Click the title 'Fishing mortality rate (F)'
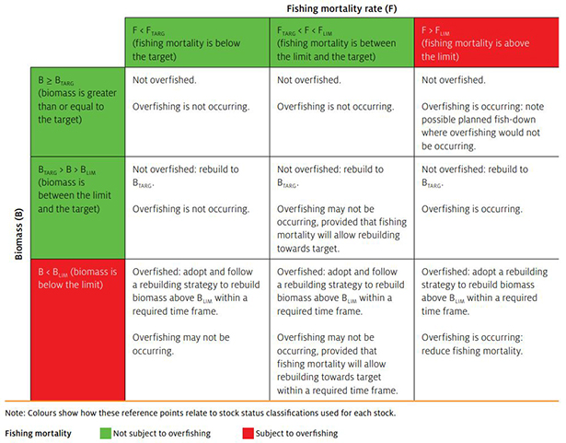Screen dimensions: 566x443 pyautogui.click(x=341, y=8)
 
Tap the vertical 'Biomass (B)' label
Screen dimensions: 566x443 pyautogui.click(x=18, y=234)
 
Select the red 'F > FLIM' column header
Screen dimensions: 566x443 pyautogui.click(x=487, y=42)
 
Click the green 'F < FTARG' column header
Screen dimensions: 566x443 pyautogui.click(x=197, y=42)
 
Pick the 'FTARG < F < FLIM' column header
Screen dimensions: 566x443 pyautogui.click(x=341, y=42)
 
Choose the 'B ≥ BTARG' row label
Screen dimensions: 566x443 pyautogui.click(x=78, y=112)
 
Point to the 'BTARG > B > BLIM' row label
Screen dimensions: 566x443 pyautogui.click(x=78, y=208)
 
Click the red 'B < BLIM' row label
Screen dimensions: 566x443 pyautogui.click(x=78, y=330)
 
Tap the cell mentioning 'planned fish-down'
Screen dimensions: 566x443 pyautogui.click(x=487, y=112)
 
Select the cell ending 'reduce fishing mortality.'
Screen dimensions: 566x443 pyautogui.click(x=487, y=330)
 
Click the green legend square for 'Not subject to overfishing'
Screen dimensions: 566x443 pyautogui.click(x=106, y=433)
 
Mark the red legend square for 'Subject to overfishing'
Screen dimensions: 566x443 pyautogui.click(x=248, y=433)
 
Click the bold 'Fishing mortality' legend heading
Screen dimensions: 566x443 pyautogui.click(x=39, y=433)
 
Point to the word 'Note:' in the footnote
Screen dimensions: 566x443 pyautogui.click(x=15, y=413)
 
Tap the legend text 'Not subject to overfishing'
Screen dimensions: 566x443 pyautogui.click(x=162, y=433)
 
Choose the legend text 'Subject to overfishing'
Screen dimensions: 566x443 pyautogui.click(x=296, y=433)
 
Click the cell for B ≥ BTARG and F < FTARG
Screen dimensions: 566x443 pyautogui.click(x=197, y=112)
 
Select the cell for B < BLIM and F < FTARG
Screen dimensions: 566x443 pyautogui.click(x=197, y=330)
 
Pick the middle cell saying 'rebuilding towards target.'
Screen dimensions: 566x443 pyautogui.click(x=341, y=208)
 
